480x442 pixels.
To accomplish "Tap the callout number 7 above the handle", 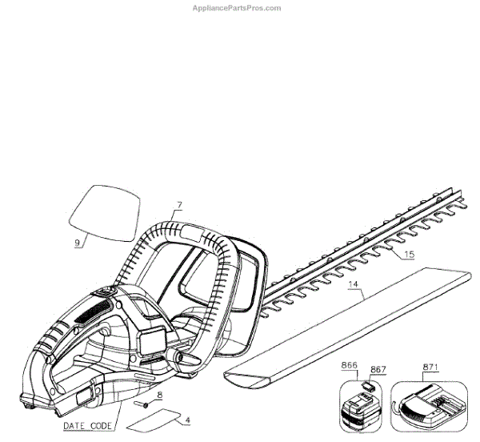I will pyautogui.click(x=180, y=206).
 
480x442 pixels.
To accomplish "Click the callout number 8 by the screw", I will pyautogui.click(x=160, y=395).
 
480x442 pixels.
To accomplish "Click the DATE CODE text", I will pyautogui.click(x=88, y=426).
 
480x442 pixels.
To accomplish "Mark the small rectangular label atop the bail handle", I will pyautogui.click(x=193, y=232).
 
